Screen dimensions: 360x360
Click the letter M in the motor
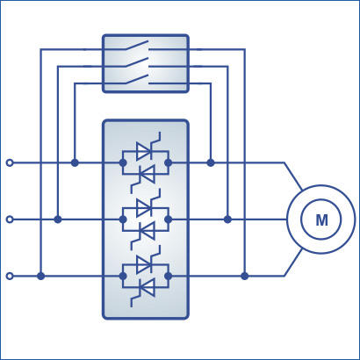[x=321, y=220]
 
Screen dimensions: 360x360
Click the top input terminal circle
[x=10, y=162]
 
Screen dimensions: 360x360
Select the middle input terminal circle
[x=10, y=220]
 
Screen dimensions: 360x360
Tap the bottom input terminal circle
[x=10, y=276]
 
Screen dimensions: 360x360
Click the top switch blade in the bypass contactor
[x=137, y=45]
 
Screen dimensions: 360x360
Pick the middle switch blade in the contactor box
[x=137, y=62]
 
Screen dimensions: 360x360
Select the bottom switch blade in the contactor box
[x=137, y=79]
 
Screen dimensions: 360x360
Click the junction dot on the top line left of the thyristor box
[x=75, y=162]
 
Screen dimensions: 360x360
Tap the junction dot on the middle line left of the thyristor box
[x=58, y=220]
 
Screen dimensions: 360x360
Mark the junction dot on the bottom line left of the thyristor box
[x=41, y=276]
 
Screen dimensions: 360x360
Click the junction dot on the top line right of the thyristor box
[x=211, y=162]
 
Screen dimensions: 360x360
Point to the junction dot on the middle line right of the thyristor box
[x=227, y=220]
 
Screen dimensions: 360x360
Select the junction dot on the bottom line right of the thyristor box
[x=245, y=276]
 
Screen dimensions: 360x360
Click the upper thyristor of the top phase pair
[x=145, y=151]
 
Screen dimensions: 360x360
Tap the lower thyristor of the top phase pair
[x=146, y=175]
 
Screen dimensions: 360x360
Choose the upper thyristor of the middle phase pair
[x=145, y=208]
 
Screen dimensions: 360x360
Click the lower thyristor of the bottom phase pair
[x=146, y=288]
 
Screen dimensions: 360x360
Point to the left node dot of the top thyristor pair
[x=123, y=162]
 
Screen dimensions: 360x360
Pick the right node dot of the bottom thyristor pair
[x=169, y=276]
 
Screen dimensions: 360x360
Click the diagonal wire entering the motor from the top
[x=293, y=176]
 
